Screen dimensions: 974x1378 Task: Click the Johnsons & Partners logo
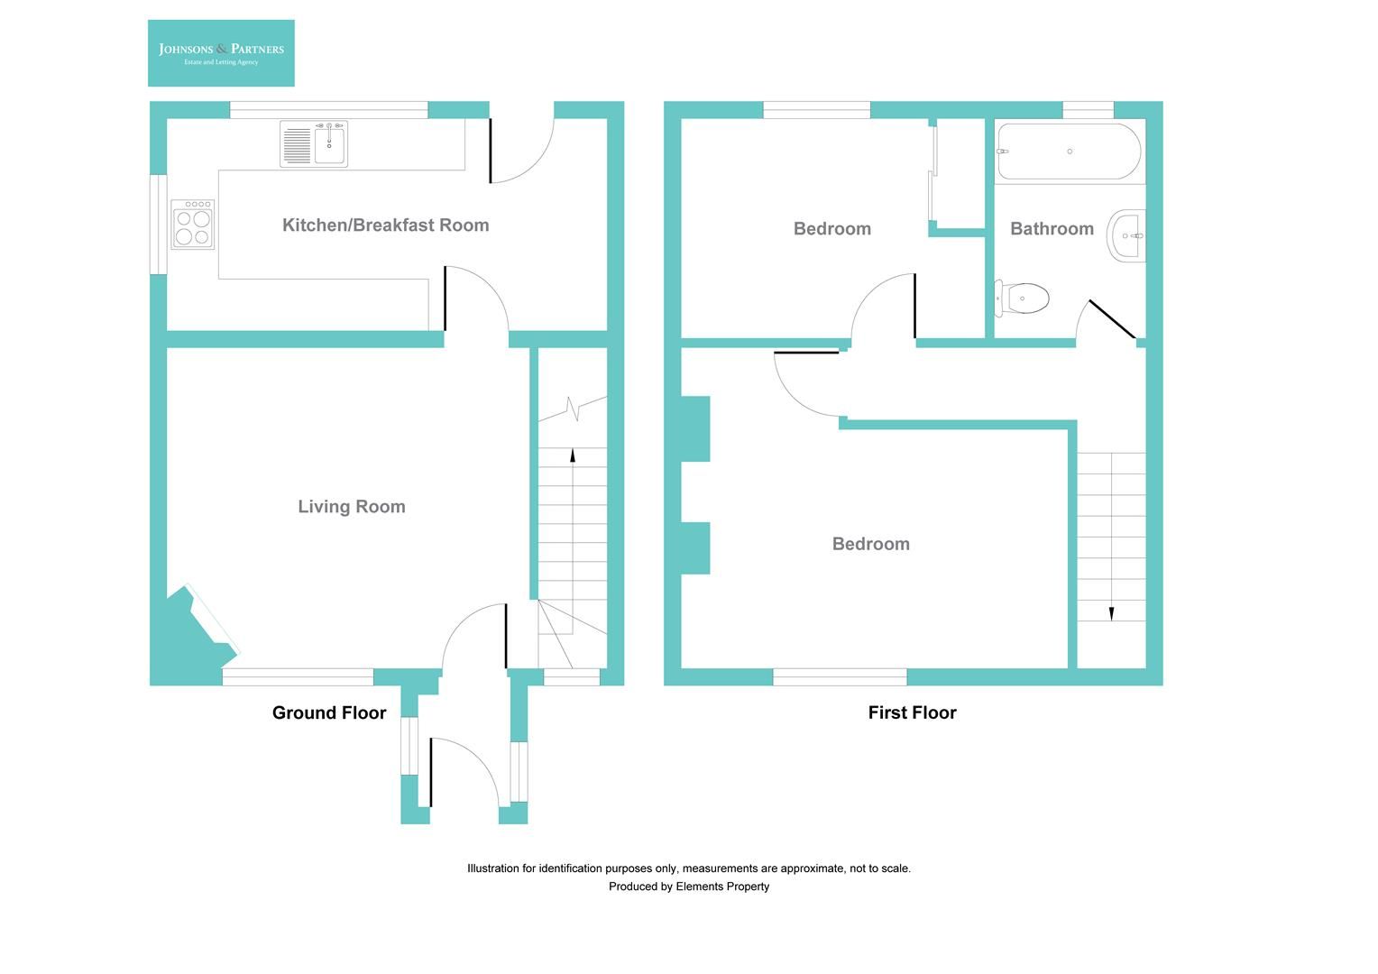(x=221, y=53)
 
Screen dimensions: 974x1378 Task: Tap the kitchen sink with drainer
(x=314, y=144)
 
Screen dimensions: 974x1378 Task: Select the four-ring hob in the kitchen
(x=193, y=225)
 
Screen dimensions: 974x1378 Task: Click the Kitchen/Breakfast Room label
(x=385, y=225)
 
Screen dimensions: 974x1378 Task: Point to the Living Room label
(x=352, y=507)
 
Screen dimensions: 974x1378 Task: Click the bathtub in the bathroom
(x=1069, y=152)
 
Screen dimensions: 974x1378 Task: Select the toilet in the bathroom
(x=1024, y=298)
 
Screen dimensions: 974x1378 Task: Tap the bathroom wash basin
(x=1127, y=236)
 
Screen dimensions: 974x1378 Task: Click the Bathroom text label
(x=1052, y=229)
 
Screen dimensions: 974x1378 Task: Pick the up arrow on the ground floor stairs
(x=573, y=455)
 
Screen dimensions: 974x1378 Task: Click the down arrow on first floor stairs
(x=1111, y=613)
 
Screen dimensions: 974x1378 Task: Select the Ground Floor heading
(x=329, y=713)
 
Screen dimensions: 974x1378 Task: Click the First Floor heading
(x=912, y=713)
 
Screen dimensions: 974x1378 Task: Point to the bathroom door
(x=1111, y=319)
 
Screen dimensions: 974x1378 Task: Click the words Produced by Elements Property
(x=689, y=887)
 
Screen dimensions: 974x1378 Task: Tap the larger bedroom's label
(x=870, y=544)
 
